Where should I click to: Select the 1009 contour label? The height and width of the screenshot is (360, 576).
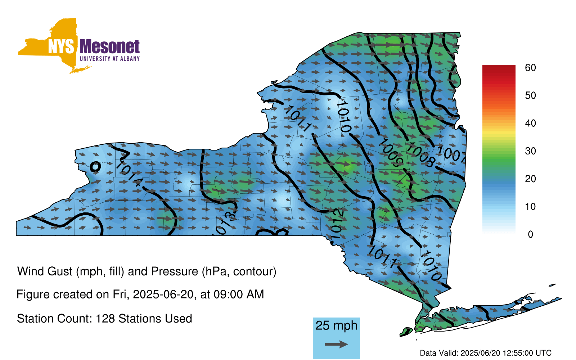click(x=391, y=153)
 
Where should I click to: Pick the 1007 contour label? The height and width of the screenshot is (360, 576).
click(x=452, y=154)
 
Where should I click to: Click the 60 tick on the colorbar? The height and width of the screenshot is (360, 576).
click(x=530, y=68)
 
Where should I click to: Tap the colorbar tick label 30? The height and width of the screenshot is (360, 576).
click(x=530, y=151)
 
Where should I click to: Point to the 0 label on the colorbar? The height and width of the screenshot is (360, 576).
click(x=530, y=234)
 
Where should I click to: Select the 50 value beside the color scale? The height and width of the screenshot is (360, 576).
click(x=530, y=96)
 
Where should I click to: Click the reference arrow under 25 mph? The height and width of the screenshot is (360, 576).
click(x=336, y=344)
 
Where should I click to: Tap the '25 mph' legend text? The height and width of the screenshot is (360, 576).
click(x=336, y=325)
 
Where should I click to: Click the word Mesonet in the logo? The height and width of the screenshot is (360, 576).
click(x=109, y=47)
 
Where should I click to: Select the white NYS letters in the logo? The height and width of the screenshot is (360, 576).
click(x=61, y=47)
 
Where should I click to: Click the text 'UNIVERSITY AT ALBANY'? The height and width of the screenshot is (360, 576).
click(x=110, y=59)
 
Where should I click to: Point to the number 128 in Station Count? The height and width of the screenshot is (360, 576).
click(x=104, y=319)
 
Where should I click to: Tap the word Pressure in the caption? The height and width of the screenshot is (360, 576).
click(x=175, y=271)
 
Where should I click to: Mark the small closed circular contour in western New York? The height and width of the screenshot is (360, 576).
click(x=95, y=167)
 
